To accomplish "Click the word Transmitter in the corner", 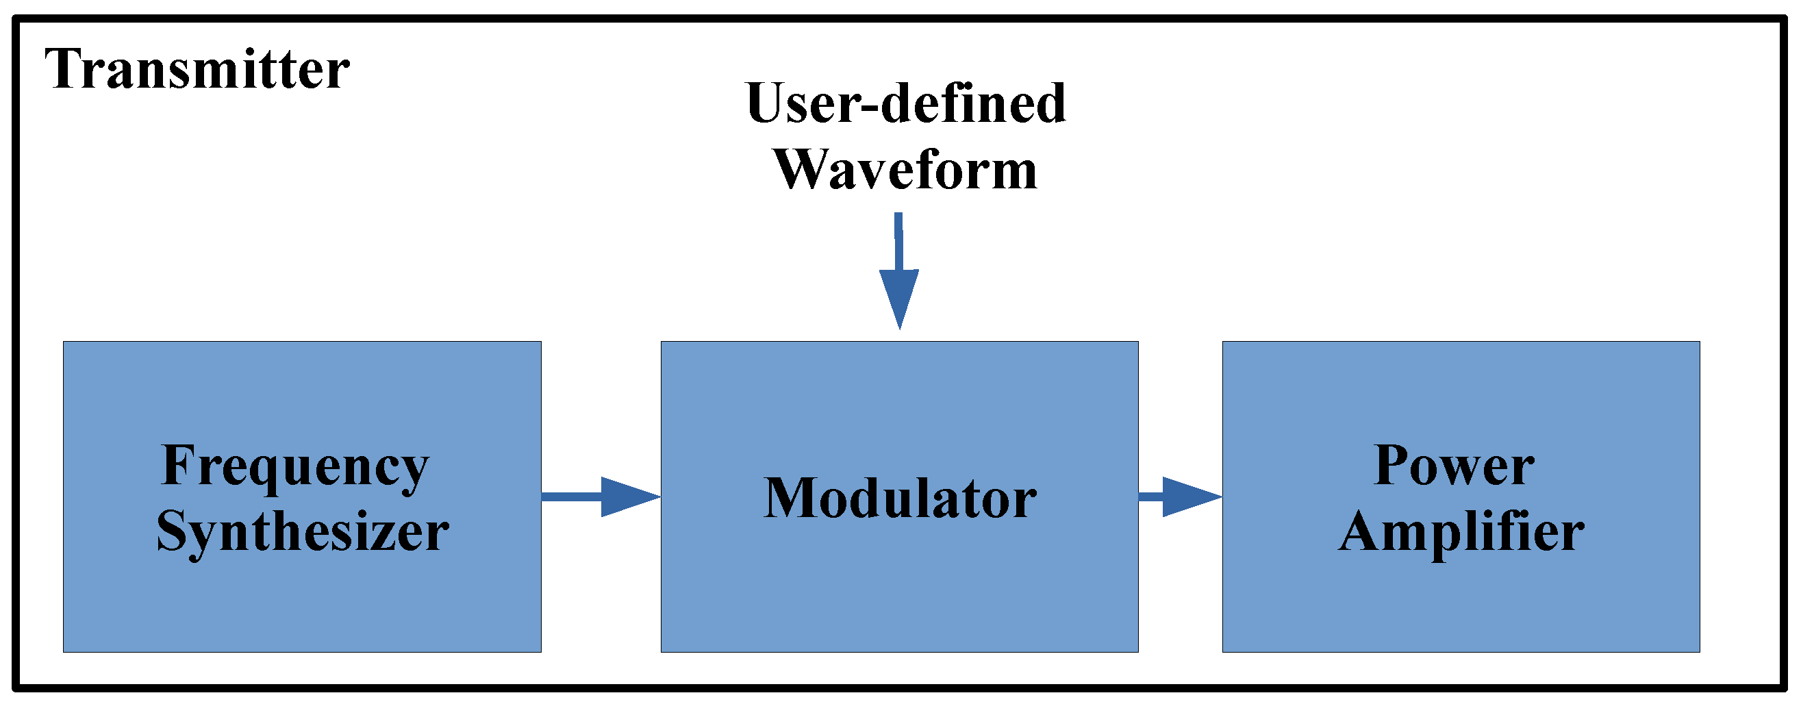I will (x=197, y=70).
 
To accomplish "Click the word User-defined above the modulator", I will (x=905, y=103).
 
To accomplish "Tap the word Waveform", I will (x=905, y=171).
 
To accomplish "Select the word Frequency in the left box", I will (x=294, y=467).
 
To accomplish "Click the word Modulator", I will (x=899, y=499).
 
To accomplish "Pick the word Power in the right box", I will (x=1454, y=466).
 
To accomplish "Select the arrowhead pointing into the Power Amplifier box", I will (x=1189, y=497).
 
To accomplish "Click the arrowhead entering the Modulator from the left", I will (x=628, y=497).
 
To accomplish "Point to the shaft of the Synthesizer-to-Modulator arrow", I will (x=570, y=497).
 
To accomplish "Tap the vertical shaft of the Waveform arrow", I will (x=898, y=241).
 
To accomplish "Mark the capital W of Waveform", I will (x=805, y=170).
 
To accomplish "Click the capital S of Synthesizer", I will (x=172, y=531).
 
